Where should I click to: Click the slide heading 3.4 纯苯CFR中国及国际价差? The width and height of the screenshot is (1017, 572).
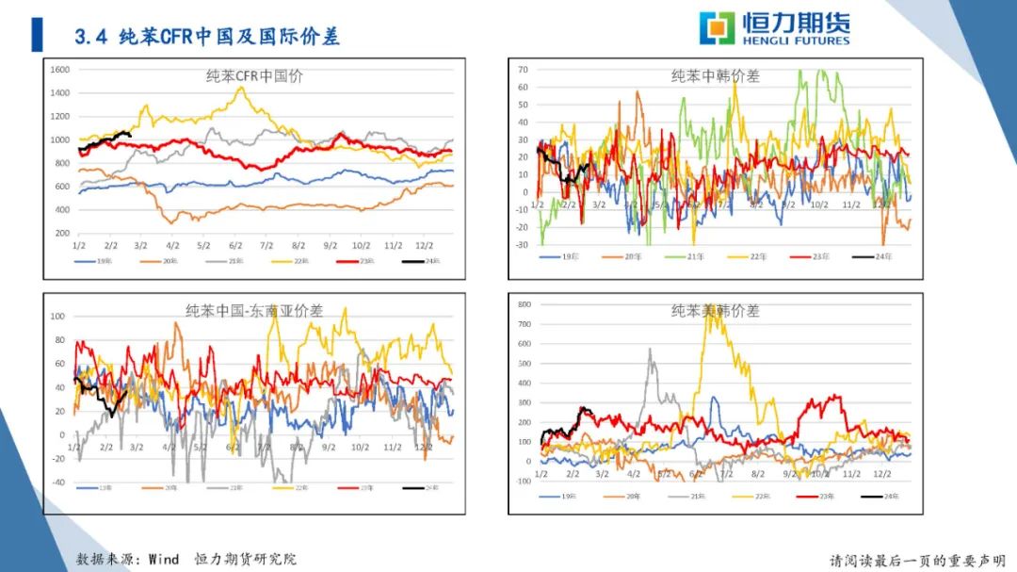click(x=207, y=37)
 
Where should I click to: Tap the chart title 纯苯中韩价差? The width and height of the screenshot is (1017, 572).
click(x=716, y=76)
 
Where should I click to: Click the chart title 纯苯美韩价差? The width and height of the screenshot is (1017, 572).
click(x=716, y=310)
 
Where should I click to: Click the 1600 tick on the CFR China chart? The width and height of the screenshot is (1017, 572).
click(x=61, y=70)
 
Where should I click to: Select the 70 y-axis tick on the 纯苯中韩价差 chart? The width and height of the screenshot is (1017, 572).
click(x=522, y=70)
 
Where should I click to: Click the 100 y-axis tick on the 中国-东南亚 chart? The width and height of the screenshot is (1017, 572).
click(x=58, y=316)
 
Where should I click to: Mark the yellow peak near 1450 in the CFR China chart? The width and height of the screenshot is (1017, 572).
click(x=241, y=88)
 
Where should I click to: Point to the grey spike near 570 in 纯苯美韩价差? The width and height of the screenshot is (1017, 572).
click(x=651, y=350)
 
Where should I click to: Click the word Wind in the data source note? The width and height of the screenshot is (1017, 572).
click(x=163, y=559)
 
